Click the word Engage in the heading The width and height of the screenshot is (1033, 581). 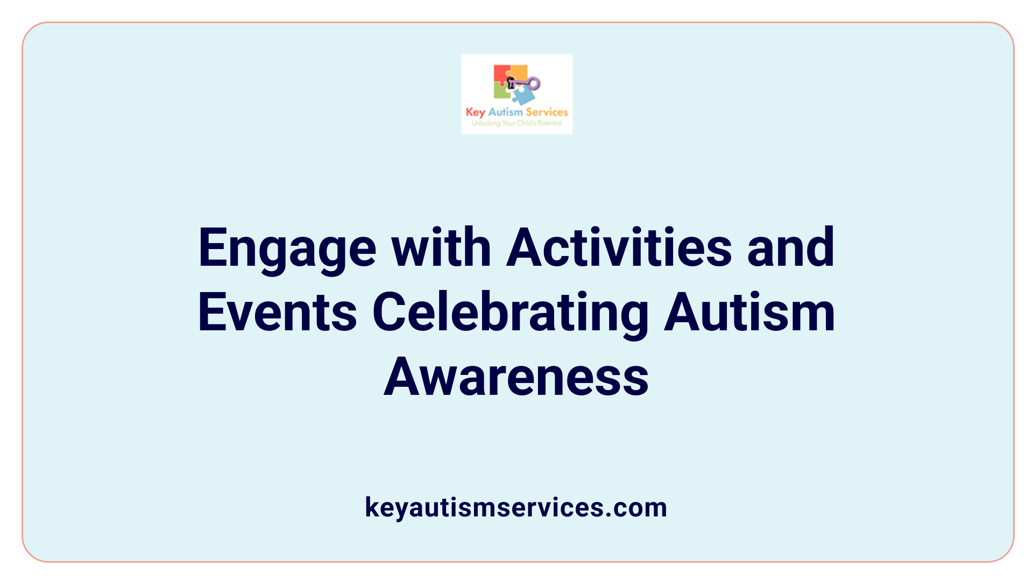pyautogui.click(x=287, y=249)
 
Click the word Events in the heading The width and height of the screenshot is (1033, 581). pyautogui.click(x=278, y=312)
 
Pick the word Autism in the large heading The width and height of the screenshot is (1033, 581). pyautogui.click(x=749, y=312)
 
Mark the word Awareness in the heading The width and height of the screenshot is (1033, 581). pyautogui.click(x=516, y=377)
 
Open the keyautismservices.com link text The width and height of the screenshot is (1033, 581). pyautogui.click(x=516, y=507)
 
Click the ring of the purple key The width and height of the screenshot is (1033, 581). pyautogui.click(x=534, y=83)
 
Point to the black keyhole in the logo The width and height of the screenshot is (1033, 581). pyautogui.click(x=511, y=82)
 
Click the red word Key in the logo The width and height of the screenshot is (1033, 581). pyautogui.click(x=476, y=112)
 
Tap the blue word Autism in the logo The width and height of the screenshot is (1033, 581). pyautogui.click(x=505, y=112)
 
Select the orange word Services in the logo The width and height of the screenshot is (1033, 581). pyautogui.click(x=547, y=112)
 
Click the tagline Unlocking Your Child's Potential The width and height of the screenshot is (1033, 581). pyautogui.click(x=516, y=123)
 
